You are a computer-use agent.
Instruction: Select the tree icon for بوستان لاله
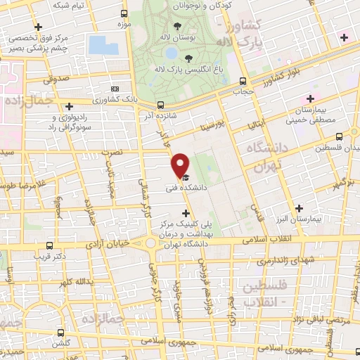(x=186, y=26)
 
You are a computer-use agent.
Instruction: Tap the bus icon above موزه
(x=124, y=13)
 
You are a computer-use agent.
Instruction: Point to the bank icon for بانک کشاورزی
(x=115, y=89)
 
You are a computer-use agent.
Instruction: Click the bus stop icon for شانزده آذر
(x=160, y=105)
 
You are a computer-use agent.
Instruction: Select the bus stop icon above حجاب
(x=243, y=81)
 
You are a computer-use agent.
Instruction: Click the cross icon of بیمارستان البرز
(x=300, y=208)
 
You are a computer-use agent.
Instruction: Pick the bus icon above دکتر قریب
(x=49, y=245)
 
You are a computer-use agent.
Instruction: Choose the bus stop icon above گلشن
(x=61, y=331)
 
